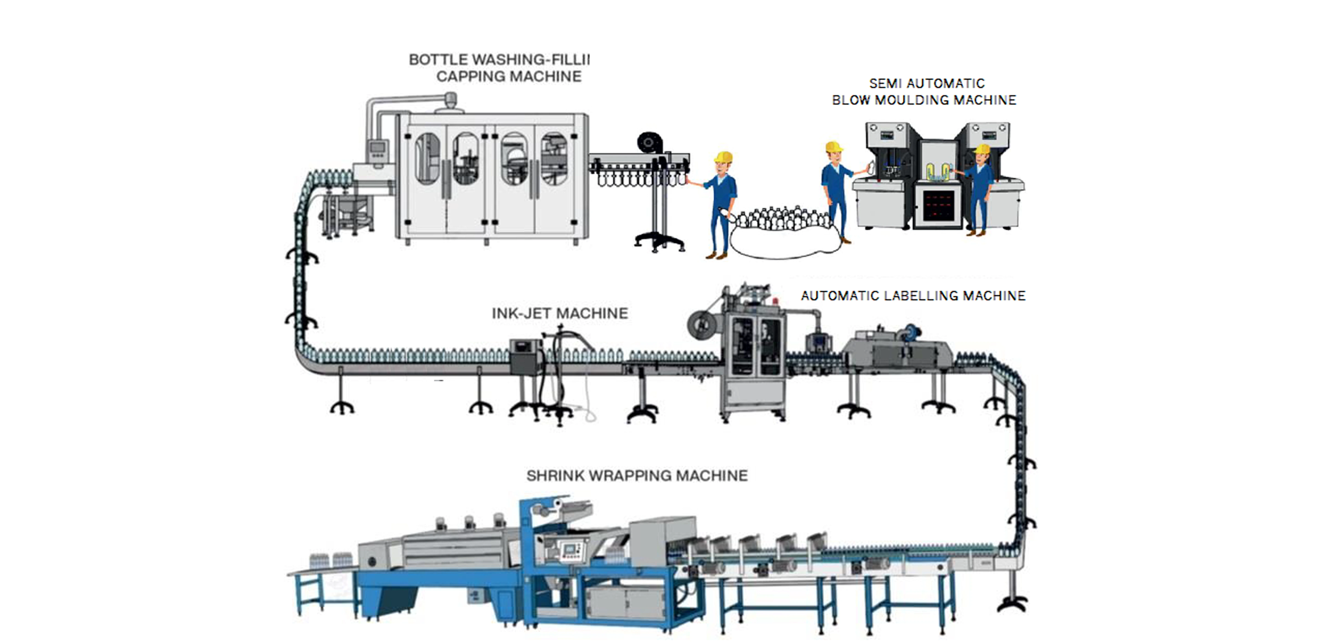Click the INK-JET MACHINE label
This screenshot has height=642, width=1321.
point(560,313)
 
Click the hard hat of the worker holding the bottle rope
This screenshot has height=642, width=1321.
point(723,157)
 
